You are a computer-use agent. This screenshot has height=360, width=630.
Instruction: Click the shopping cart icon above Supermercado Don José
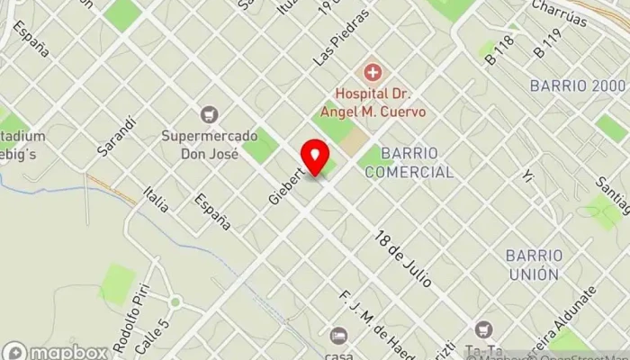[x=210, y=114]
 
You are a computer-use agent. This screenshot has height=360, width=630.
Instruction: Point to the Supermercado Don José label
[x=210, y=144]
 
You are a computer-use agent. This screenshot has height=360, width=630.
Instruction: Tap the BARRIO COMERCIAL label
[x=416, y=162]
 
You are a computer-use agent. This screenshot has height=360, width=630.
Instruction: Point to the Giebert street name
[x=287, y=181]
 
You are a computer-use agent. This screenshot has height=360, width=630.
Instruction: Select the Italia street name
[x=156, y=198]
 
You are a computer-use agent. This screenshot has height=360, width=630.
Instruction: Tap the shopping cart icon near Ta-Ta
[x=485, y=328]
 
